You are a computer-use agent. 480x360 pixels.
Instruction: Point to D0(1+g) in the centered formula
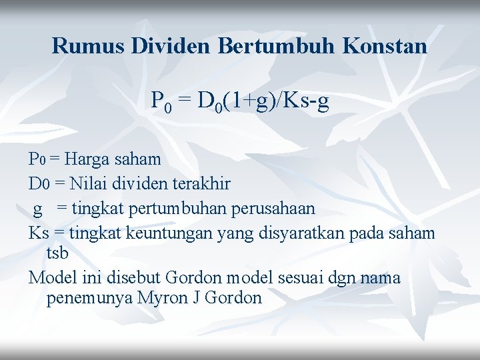(x=234, y=101)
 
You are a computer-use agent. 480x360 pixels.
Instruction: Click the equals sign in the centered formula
(x=185, y=101)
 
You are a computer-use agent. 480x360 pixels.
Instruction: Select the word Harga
(x=89, y=159)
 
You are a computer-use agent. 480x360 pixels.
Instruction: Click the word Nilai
(x=87, y=183)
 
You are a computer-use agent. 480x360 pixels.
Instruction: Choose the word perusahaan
(x=273, y=208)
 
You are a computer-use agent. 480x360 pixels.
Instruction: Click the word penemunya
(x=89, y=298)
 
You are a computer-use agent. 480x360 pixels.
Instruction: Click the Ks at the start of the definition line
(x=38, y=233)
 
